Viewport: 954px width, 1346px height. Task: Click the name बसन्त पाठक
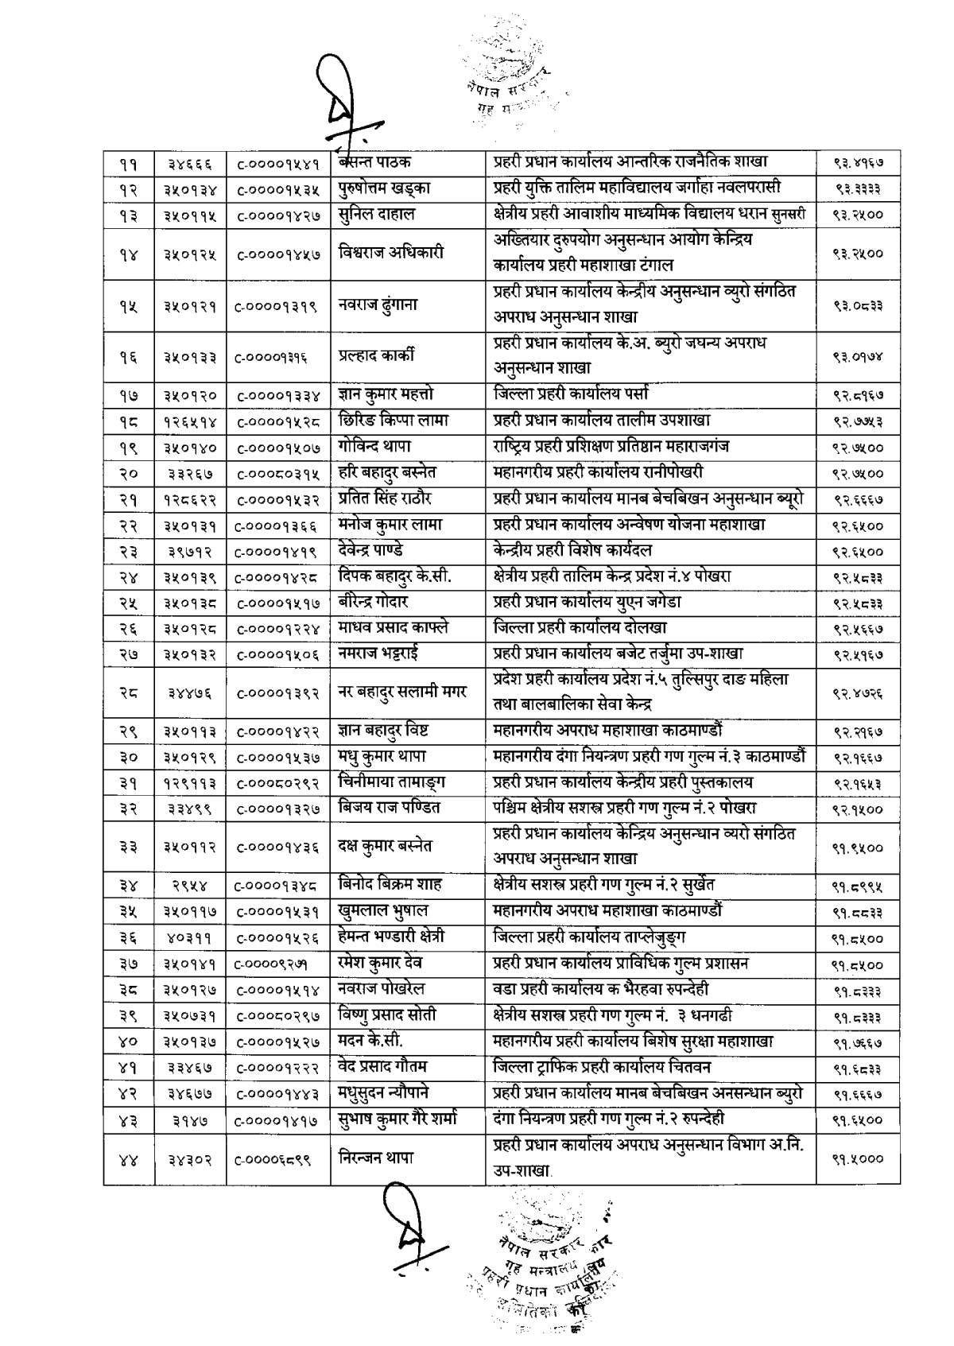(x=375, y=162)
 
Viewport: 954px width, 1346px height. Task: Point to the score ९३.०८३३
(x=859, y=304)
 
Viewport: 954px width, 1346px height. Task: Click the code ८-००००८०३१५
(x=278, y=473)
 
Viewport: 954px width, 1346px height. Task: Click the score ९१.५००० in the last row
(x=859, y=1158)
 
